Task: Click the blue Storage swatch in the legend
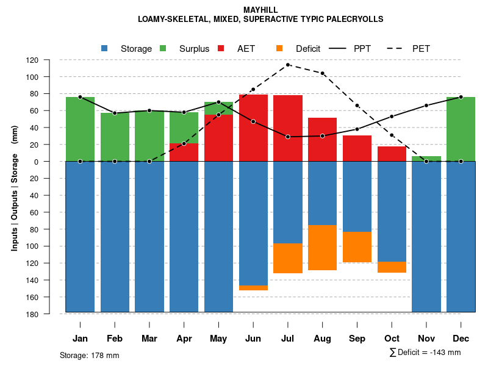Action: tap(105, 48)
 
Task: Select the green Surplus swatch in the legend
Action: tap(163, 48)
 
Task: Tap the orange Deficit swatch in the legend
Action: tap(279, 48)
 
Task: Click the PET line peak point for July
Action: tap(288, 65)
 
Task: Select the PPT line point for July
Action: tap(288, 137)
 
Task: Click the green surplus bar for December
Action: tap(461, 129)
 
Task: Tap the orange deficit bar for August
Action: tap(322, 248)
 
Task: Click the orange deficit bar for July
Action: tap(288, 258)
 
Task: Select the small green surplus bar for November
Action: tap(426, 159)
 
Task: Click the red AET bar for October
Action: tap(392, 154)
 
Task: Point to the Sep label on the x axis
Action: tap(357, 339)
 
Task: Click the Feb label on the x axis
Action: tap(115, 339)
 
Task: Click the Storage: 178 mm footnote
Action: tap(89, 355)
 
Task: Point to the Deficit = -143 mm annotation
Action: tap(425, 353)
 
